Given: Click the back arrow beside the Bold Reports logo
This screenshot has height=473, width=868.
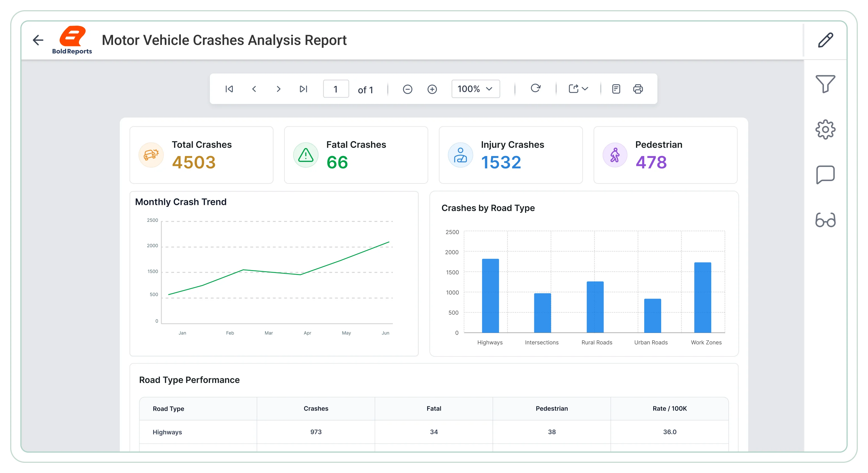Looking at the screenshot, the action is point(38,40).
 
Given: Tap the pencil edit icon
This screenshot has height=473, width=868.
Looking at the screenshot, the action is point(826,40).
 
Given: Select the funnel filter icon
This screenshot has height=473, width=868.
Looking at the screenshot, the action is point(825,84).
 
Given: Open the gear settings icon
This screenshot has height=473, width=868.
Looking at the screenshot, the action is point(825,129).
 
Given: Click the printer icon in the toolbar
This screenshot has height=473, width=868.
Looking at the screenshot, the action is point(638,89).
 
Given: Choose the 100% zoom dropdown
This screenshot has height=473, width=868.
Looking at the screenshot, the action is point(476,89).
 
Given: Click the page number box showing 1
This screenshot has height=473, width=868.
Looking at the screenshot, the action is point(336,89).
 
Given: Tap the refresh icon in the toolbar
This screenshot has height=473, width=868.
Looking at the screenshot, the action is point(535,88).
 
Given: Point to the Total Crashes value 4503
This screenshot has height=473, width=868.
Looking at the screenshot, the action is point(194,162).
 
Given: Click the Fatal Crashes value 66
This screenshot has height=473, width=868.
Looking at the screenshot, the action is point(337,162).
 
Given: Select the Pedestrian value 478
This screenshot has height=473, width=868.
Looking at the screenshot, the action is point(651,162).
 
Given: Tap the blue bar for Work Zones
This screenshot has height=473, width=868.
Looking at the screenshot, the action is point(702,298).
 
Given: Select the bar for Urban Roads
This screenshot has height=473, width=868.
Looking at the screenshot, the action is point(652,316).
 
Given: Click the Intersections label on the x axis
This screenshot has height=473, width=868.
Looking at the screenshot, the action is point(541,342).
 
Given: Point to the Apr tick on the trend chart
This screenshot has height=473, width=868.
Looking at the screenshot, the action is point(307,333).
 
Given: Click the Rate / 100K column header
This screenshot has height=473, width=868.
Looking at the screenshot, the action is point(670,408).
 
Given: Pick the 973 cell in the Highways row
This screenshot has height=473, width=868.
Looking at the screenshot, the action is point(316,432).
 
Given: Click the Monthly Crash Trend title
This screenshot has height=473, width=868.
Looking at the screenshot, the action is point(181,202).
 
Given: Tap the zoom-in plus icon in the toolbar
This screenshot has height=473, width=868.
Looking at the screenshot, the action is point(432,89).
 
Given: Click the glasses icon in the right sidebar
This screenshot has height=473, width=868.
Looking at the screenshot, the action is point(825,220).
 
